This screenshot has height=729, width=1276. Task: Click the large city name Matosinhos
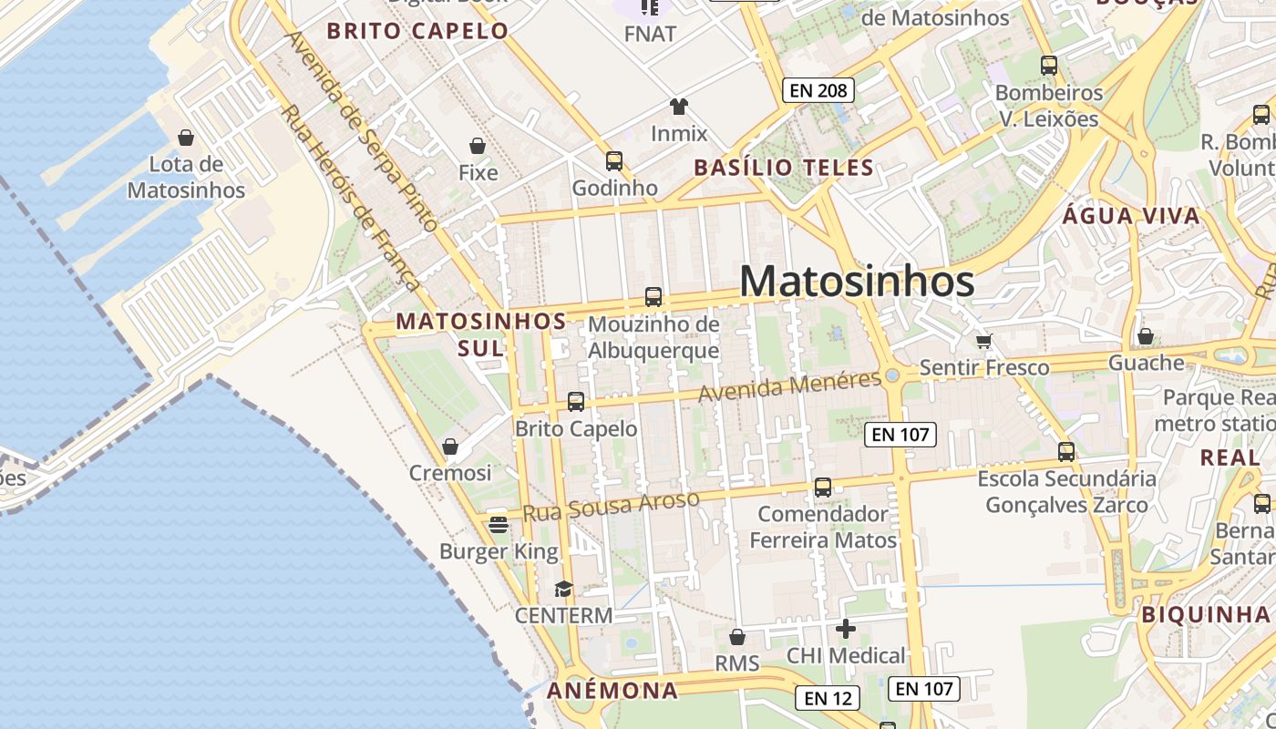[x=857, y=281]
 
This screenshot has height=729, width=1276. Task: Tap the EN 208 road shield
[x=818, y=90]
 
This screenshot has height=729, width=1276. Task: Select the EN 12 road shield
[x=828, y=698]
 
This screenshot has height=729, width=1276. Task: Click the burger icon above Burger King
[x=498, y=524]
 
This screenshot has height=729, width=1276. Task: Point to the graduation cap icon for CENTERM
[x=563, y=589]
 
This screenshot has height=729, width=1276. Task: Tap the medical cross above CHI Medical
[x=845, y=628]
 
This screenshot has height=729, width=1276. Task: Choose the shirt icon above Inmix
[x=678, y=107]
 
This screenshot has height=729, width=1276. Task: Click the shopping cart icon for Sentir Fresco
[x=983, y=341]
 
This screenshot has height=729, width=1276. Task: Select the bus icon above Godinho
[x=614, y=161]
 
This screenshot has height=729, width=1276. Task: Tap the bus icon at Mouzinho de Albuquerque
[x=653, y=297]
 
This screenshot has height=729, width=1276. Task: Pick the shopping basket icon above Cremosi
[x=449, y=447]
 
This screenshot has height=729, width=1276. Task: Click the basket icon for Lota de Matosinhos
[x=186, y=138]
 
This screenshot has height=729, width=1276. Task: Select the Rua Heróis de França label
[x=348, y=197]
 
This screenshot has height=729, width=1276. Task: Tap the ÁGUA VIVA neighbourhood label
[x=1131, y=216]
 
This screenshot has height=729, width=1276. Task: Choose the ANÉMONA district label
[x=612, y=690]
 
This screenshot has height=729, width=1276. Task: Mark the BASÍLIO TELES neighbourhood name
[x=784, y=168]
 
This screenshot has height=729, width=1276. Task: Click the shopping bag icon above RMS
[x=736, y=637]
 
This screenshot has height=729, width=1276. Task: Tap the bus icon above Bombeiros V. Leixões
[x=1048, y=66]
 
